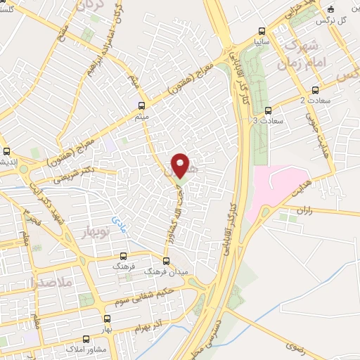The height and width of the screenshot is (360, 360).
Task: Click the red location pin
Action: pos(181,165)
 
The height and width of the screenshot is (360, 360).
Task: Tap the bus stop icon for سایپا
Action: pos(262,31)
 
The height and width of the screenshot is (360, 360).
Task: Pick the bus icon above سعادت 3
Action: pos(268,110)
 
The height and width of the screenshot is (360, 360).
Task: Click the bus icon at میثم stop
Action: pos(141,105)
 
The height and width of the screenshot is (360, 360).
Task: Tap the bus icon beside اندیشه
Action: pos(6,151)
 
